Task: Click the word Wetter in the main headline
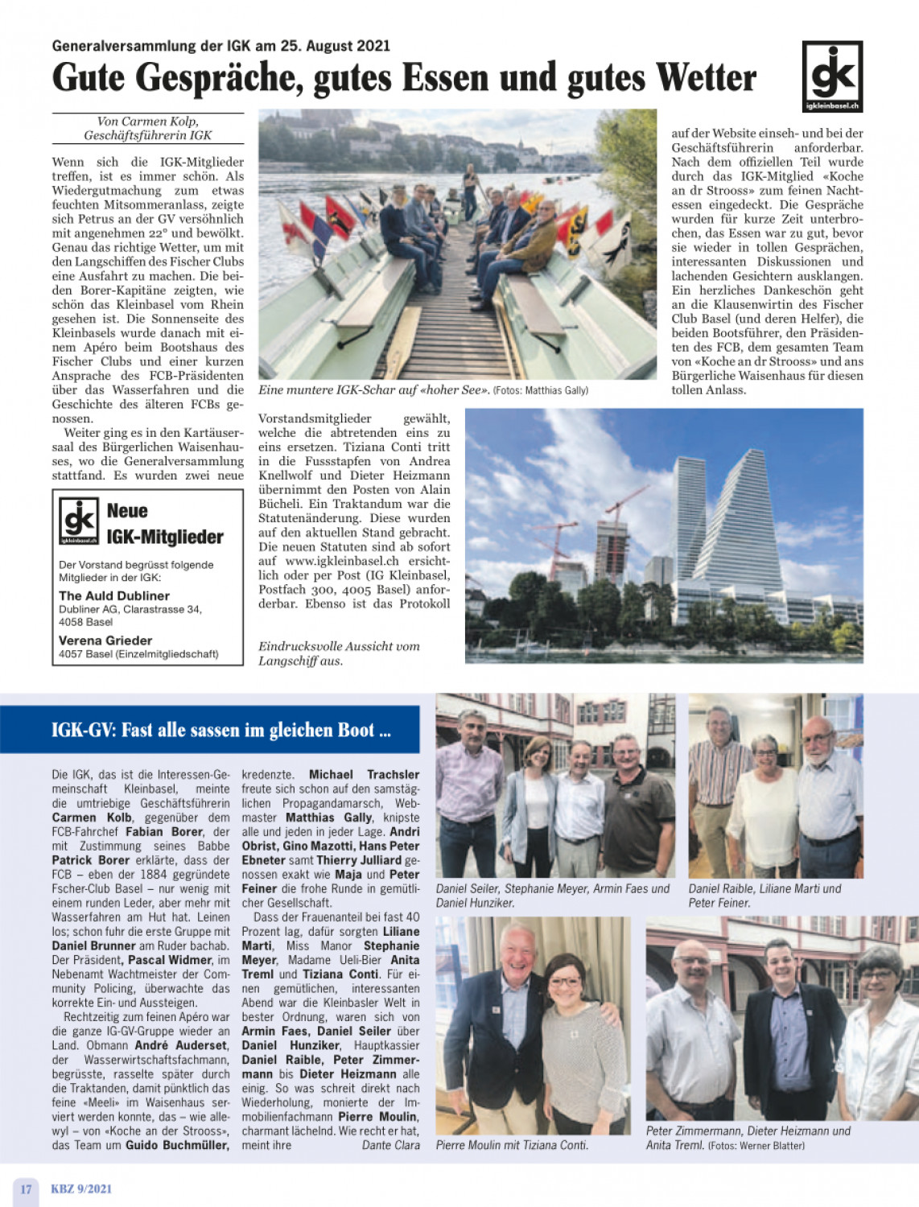[706, 78]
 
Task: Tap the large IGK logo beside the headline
[832, 76]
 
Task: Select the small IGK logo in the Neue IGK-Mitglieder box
[79, 521]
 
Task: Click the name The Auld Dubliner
[114, 596]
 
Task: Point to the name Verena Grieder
[105, 641]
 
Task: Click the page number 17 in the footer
[26, 1188]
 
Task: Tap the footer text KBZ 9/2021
[81, 1188]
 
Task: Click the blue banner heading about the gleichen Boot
[220, 730]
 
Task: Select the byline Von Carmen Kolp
[147, 122]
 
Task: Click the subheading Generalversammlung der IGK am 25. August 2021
[220, 46]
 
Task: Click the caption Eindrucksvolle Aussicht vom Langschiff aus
[339, 653]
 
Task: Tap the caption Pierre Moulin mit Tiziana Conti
[512, 1145]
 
